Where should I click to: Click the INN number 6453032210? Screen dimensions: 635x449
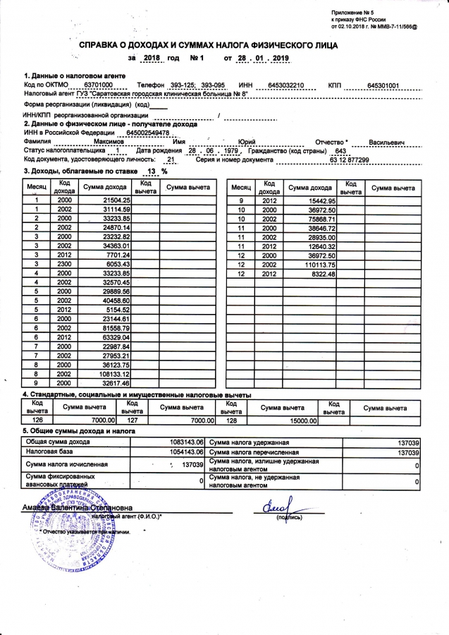pos(281,85)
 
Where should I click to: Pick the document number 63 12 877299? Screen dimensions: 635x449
pos(348,160)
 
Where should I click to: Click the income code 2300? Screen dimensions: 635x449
pos(64,264)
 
